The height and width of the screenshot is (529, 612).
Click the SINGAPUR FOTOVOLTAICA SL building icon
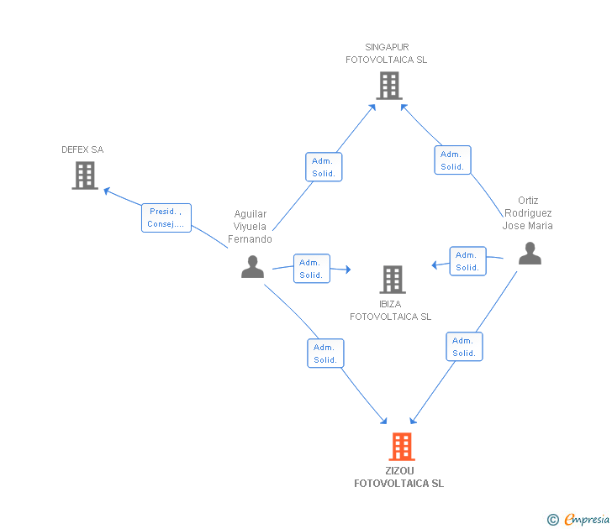pyautogui.click(x=388, y=86)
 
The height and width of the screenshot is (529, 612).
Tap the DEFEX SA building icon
pyautogui.click(x=85, y=175)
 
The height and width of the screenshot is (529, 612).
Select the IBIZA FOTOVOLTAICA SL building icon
pyautogui.click(x=392, y=280)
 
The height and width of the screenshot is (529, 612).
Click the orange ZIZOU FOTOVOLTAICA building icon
pyautogui.click(x=402, y=447)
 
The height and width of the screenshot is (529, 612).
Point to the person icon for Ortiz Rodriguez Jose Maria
pyautogui.click(x=530, y=254)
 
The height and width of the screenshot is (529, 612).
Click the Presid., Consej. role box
pyautogui.click(x=166, y=218)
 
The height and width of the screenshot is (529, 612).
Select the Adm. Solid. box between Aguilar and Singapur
pyautogui.click(x=324, y=167)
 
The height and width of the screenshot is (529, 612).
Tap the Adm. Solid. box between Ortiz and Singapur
pyautogui.click(x=452, y=160)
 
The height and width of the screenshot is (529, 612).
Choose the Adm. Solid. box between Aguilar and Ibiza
pyautogui.click(x=311, y=269)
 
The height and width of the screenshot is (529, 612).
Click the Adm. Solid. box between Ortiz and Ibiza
pyautogui.click(x=467, y=261)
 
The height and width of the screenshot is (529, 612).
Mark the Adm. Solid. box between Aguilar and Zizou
pyautogui.click(x=325, y=354)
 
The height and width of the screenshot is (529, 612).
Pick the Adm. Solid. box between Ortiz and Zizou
pyautogui.click(x=464, y=347)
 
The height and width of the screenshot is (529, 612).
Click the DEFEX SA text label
pyautogui.click(x=82, y=149)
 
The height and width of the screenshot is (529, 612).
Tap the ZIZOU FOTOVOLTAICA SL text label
pyautogui.click(x=399, y=477)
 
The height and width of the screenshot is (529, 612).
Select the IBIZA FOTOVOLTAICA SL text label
pyautogui.click(x=391, y=311)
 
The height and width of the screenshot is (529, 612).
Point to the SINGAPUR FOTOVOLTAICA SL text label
pyautogui.click(x=387, y=54)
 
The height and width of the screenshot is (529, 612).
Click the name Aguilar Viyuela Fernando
pyautogui.click(x=251, y=227)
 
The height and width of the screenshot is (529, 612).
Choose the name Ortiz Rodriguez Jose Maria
pyautogui.click(x=528, y=213)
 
